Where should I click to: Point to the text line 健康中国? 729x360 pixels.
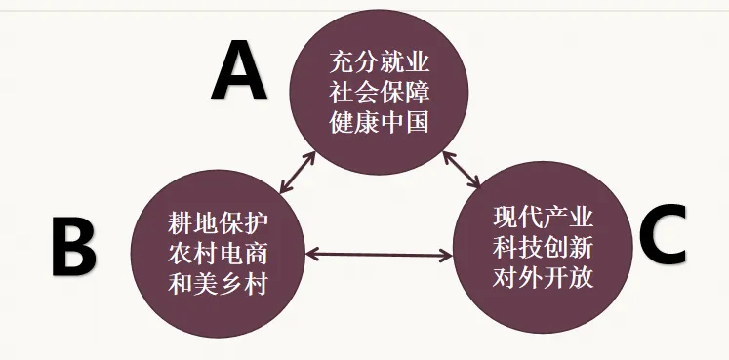[x=379, y=125]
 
